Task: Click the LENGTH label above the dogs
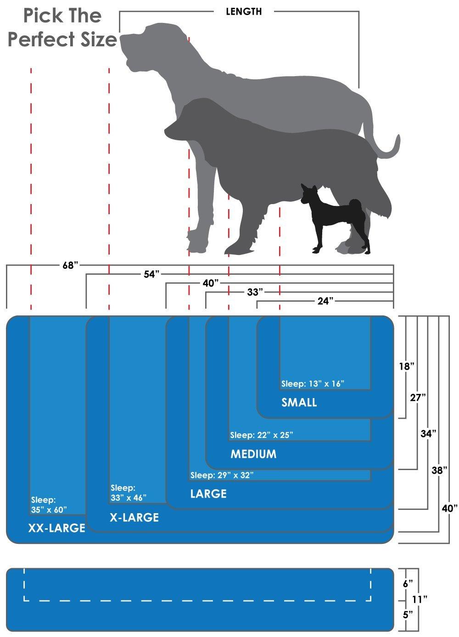244,11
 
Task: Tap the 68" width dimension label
70,266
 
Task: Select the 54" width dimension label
151,274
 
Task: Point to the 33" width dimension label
255,292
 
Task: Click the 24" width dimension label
325,301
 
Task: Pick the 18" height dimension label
406,366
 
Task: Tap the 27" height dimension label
418,398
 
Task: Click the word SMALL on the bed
299,402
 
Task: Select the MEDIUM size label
253,454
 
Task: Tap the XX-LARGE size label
56,528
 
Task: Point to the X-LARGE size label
134,517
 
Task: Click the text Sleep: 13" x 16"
313,384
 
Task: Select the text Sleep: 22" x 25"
262,435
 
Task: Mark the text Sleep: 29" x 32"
222,475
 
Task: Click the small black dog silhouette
336,218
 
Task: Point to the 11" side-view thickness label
420,599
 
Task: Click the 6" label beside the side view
408,584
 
